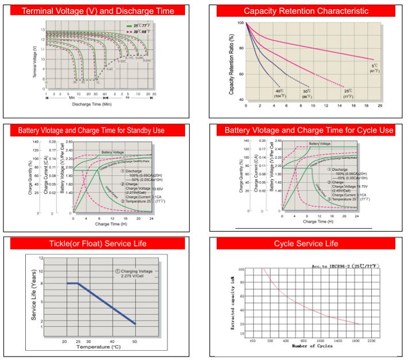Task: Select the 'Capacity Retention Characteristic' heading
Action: (306, 11)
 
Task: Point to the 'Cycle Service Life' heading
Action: (306, 243)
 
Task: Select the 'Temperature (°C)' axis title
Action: (99, 347)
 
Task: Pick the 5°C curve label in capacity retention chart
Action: (374, 67)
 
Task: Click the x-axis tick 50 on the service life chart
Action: (135, 340)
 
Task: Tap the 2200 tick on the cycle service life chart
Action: (371, 340)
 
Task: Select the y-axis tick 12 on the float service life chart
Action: (41, 258)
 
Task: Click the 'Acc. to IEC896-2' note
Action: (346, 266)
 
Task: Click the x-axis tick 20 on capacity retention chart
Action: (380, 106)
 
